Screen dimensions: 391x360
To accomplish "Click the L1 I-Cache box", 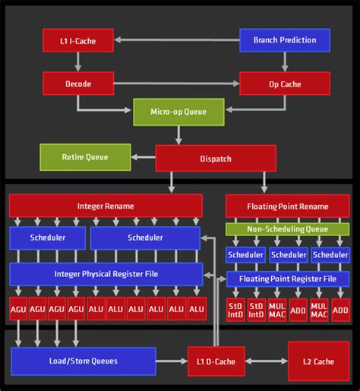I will (x=78, y=40).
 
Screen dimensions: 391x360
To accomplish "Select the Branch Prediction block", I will (x=284, y=40).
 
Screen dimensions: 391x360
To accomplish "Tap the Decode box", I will (x=78, y=83).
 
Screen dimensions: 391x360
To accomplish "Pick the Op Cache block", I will (x=284, y=83).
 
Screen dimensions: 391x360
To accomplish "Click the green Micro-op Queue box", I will (x=180, y=112).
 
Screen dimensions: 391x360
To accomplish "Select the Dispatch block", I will (x=216, y=159).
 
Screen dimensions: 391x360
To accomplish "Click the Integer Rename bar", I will (x=106, y=206).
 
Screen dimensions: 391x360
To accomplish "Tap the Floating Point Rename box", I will (x=288, y=206).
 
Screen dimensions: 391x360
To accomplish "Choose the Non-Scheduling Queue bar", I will (x=288, y=229).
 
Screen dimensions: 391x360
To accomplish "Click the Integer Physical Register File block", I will (x=106, y=274).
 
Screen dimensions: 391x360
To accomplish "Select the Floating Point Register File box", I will (x=288, y=279).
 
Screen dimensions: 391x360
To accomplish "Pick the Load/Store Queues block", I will (x=83, y=361).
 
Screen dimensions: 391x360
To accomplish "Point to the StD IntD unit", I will (x=236, y=309).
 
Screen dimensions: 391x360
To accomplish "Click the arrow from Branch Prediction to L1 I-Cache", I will (x=176, y=40).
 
